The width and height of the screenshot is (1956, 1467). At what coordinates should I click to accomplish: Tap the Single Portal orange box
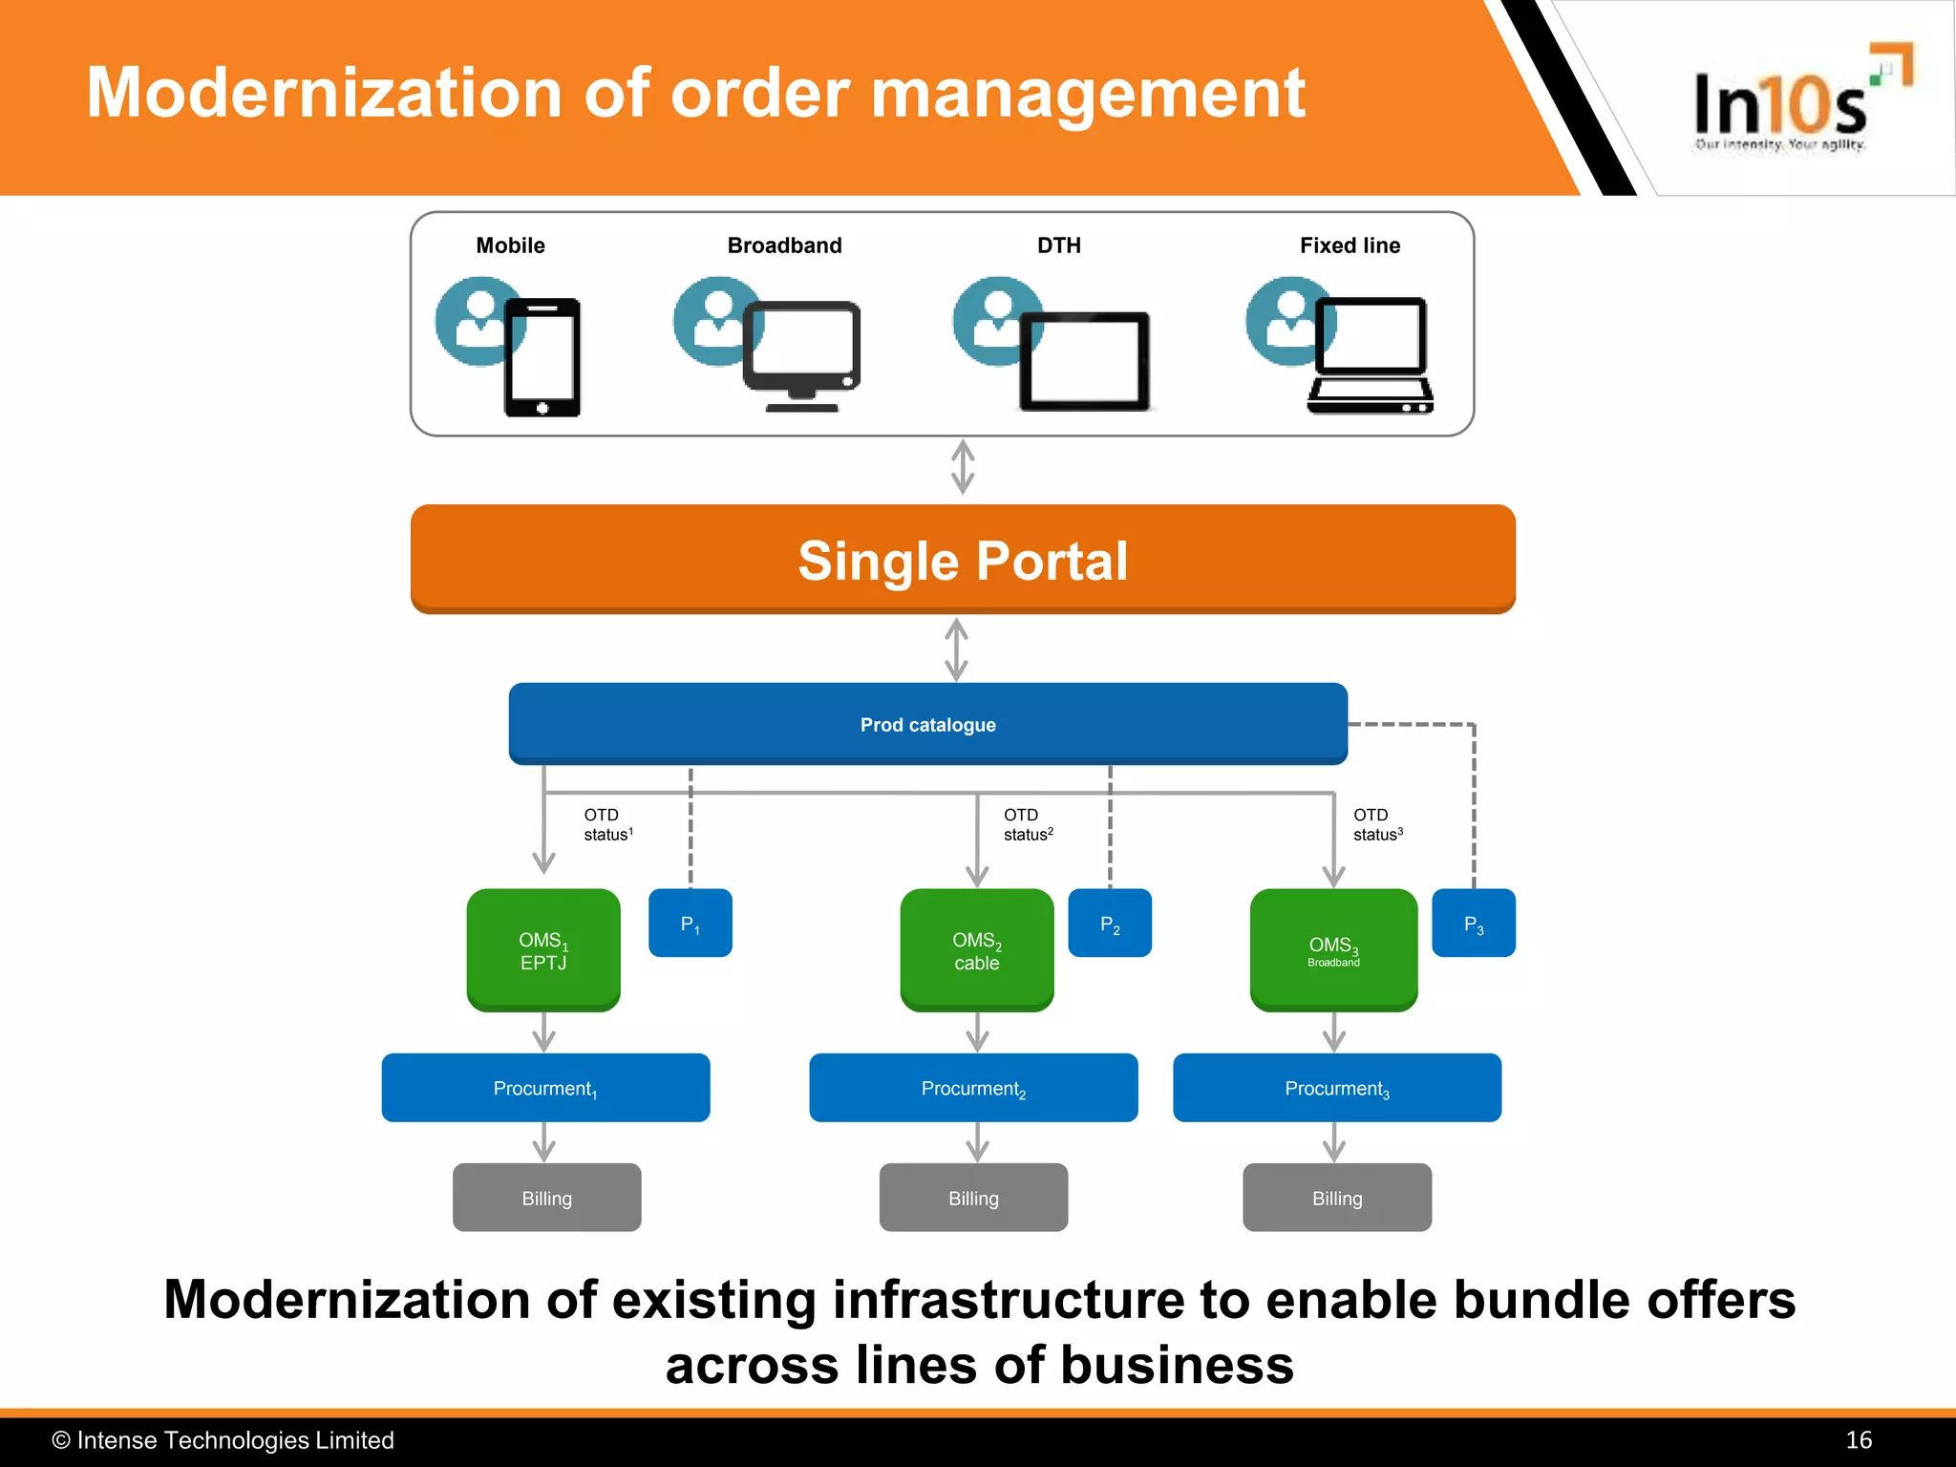[x=963, y=559]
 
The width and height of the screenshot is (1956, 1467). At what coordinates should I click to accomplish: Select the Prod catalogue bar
[x=927, y=724]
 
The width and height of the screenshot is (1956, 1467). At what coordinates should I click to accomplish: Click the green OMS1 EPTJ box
[x=543, y=950]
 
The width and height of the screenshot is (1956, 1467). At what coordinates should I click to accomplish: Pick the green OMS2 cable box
[x=976, y=950]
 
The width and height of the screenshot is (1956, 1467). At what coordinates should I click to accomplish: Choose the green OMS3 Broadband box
[x=1333, y=950]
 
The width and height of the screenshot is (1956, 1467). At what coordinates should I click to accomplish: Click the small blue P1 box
[x=690, y=923]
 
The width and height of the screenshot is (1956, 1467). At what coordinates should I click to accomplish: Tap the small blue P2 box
[x=1109, y=923]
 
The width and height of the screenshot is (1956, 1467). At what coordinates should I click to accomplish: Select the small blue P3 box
[x=1473, y=923]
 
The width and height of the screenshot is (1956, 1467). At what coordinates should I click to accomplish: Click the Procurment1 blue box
[x=545, y=1088]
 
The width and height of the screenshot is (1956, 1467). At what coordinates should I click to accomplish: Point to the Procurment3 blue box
[x=1336, y=1088]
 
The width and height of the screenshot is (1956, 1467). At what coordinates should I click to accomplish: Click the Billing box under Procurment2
[x=973, y=1198]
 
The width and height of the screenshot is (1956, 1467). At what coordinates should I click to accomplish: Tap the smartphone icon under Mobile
[x=542, y=357]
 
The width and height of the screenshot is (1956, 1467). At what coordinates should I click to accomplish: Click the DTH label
[x=1059, y=245]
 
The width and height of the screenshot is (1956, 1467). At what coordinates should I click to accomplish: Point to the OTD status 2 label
[x=1027, y=824]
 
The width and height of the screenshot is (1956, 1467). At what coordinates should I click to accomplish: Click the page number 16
[x=1858, y=1440]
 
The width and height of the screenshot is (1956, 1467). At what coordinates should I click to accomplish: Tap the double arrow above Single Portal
[x=963, y=467]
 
